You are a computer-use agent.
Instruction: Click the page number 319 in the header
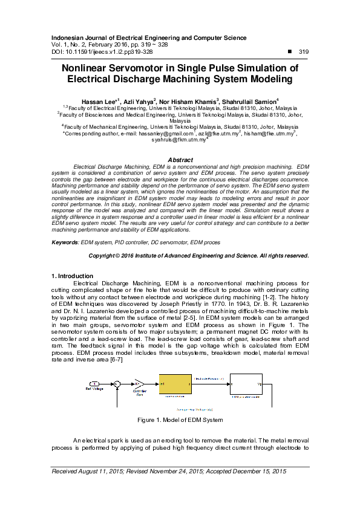pyautogui.click(x=304, y=52)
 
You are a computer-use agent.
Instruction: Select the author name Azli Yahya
pyautogui.click(x=140, y=100)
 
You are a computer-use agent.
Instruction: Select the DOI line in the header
pyautogui.click(x=102, y=52)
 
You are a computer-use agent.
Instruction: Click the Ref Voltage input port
pyautogui.click(x=94, y=384)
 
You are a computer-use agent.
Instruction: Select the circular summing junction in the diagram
pyautogui.click(x=117, y=384)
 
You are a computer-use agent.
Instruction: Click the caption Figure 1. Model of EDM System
pyautogui.click(x=180, y=420)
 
